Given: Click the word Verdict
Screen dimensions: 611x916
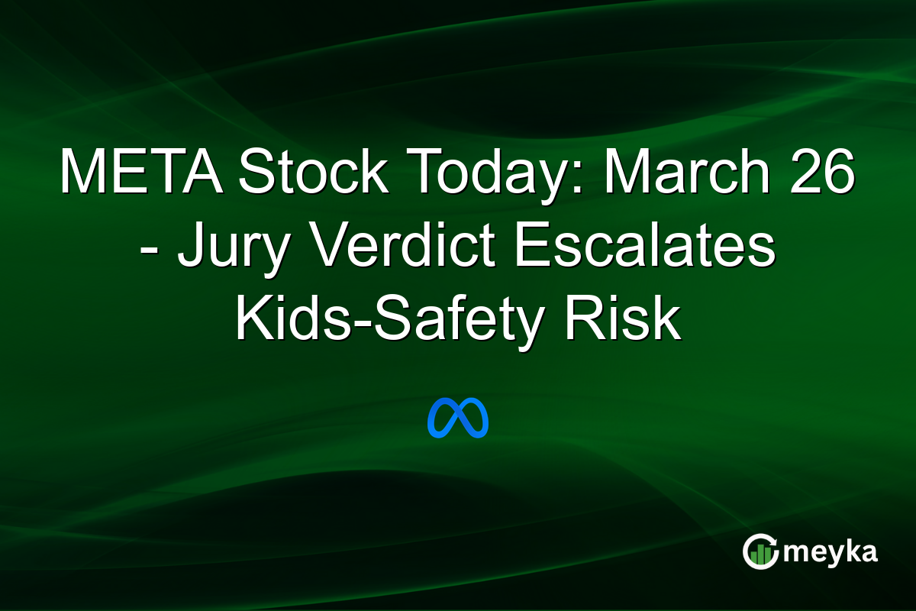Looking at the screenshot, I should [399, 248].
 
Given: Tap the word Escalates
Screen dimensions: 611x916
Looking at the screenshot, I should [644, 248].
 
